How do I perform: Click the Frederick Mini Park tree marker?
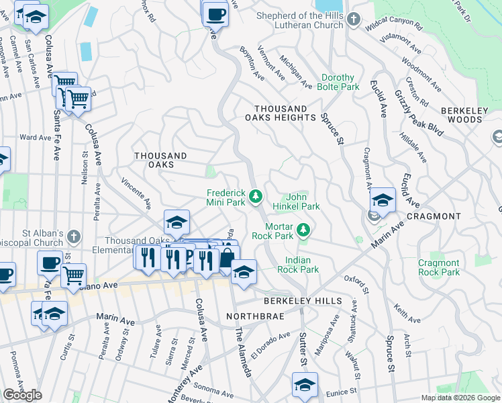point(255,196)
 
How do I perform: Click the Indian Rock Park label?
point(301,265)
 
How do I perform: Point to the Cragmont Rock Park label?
point(439,267)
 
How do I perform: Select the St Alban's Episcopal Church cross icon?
point(74,236)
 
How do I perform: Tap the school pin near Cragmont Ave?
point(383,199)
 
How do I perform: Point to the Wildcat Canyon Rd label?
point(393,28)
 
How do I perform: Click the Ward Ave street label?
point(35,137)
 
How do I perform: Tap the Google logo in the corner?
point(22,395)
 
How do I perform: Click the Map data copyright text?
point(460,398)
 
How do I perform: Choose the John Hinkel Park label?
point(297,202)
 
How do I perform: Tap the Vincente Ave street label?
point(136,192)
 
